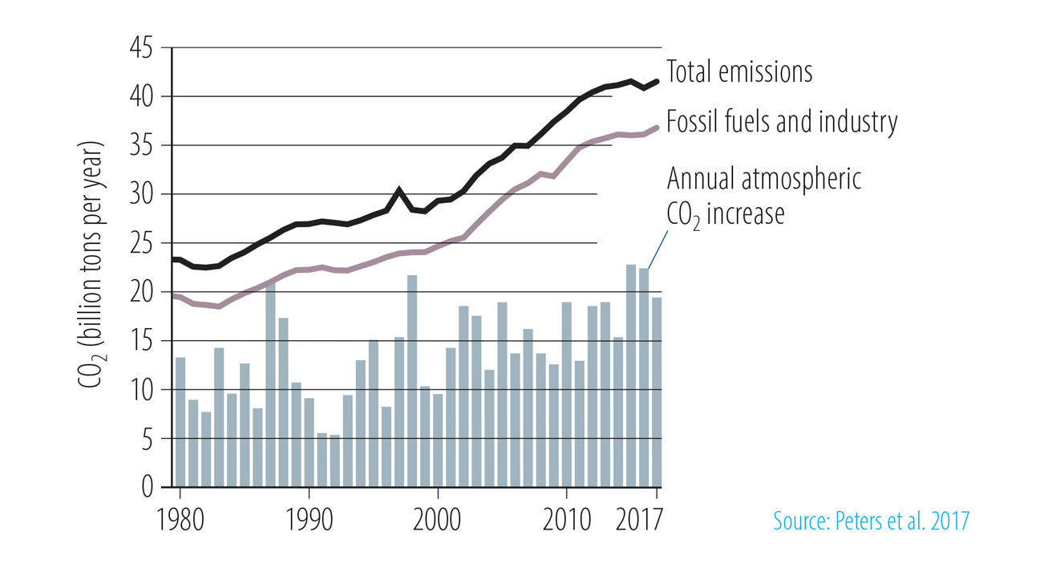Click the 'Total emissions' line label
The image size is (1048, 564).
739,72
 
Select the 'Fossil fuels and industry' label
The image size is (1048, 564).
782,123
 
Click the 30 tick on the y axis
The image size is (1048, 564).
145,195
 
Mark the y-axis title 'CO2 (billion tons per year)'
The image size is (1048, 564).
91,266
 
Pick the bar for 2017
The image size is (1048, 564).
657,392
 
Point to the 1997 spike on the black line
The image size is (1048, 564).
399,191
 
